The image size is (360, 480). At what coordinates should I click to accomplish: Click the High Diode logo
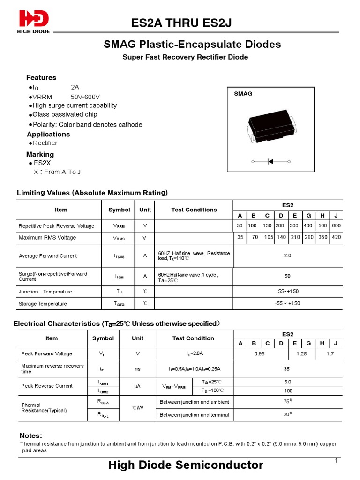[x=34, y=21]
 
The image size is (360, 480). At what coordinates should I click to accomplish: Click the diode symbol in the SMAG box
[x=271, y=161]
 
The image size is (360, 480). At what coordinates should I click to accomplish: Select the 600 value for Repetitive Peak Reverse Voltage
[x=336, y=225]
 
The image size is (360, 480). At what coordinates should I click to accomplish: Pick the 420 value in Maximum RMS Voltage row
[x=336, y=237]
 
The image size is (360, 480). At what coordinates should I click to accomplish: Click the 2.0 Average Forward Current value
[x=288, y=255]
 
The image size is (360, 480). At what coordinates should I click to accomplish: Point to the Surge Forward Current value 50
[x=288, y=277]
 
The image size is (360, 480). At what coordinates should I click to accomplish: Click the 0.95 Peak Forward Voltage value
[x=260, y=354]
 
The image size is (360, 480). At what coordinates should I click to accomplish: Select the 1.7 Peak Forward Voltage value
[x=330, y=354]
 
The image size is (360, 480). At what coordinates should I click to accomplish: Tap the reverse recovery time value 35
[x=288, y=369]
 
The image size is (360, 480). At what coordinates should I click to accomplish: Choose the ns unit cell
[x=137, y=369]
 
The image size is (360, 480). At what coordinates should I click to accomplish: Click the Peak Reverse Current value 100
[x=288, y=390]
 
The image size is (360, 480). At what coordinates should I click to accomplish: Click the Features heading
[x=41, y=77]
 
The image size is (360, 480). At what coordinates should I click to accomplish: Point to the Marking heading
[x=40, y=154]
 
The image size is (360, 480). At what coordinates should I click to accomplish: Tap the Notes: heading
[x=30, y=435]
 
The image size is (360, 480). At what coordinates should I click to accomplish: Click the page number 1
[x=336, y=461]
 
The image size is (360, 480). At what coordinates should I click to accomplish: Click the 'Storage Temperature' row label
[x=43, y=304]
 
